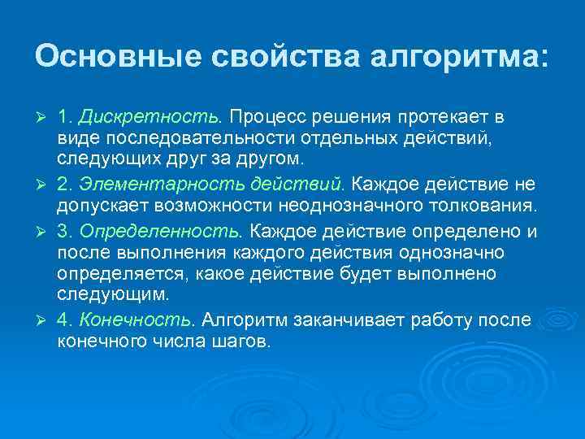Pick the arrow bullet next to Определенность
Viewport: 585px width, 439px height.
42,233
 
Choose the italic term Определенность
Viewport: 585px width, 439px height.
161,232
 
